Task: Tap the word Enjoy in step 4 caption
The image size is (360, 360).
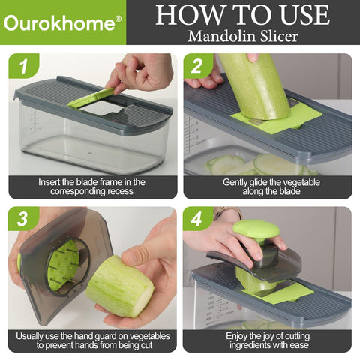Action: (x=238, y=336)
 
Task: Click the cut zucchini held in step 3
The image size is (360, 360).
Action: (x=120, y=285)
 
